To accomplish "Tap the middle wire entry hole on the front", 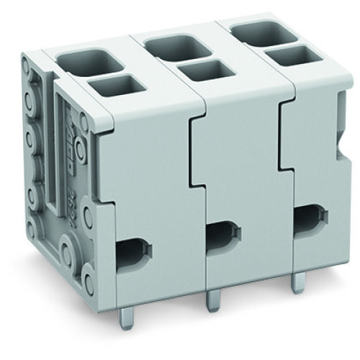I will tap(222, 233).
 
